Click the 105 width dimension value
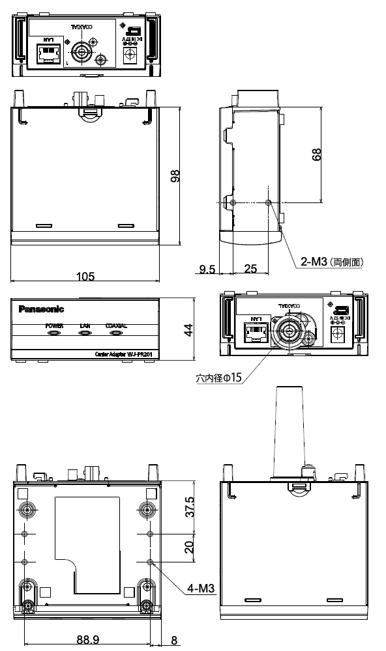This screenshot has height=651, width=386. point(84,277)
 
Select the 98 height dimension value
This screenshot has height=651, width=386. point(175,176)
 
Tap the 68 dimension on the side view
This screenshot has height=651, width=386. point(317,155)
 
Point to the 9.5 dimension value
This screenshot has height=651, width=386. point(208,268)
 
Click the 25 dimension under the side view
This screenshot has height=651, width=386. point(250,268)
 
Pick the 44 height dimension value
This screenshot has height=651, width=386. point(188,329)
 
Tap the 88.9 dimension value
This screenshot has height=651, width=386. point(87,641)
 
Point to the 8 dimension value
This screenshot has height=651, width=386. point(174,641)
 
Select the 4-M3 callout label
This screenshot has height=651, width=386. point(201,589)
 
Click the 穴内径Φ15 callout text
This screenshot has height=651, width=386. point(218,378)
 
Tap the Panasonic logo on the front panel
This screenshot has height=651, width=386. point(42,309)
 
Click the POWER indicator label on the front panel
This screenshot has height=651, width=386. point(54,325)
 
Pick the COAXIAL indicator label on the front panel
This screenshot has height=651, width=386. point(115,325)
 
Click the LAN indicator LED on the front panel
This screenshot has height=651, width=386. point(85,333)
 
